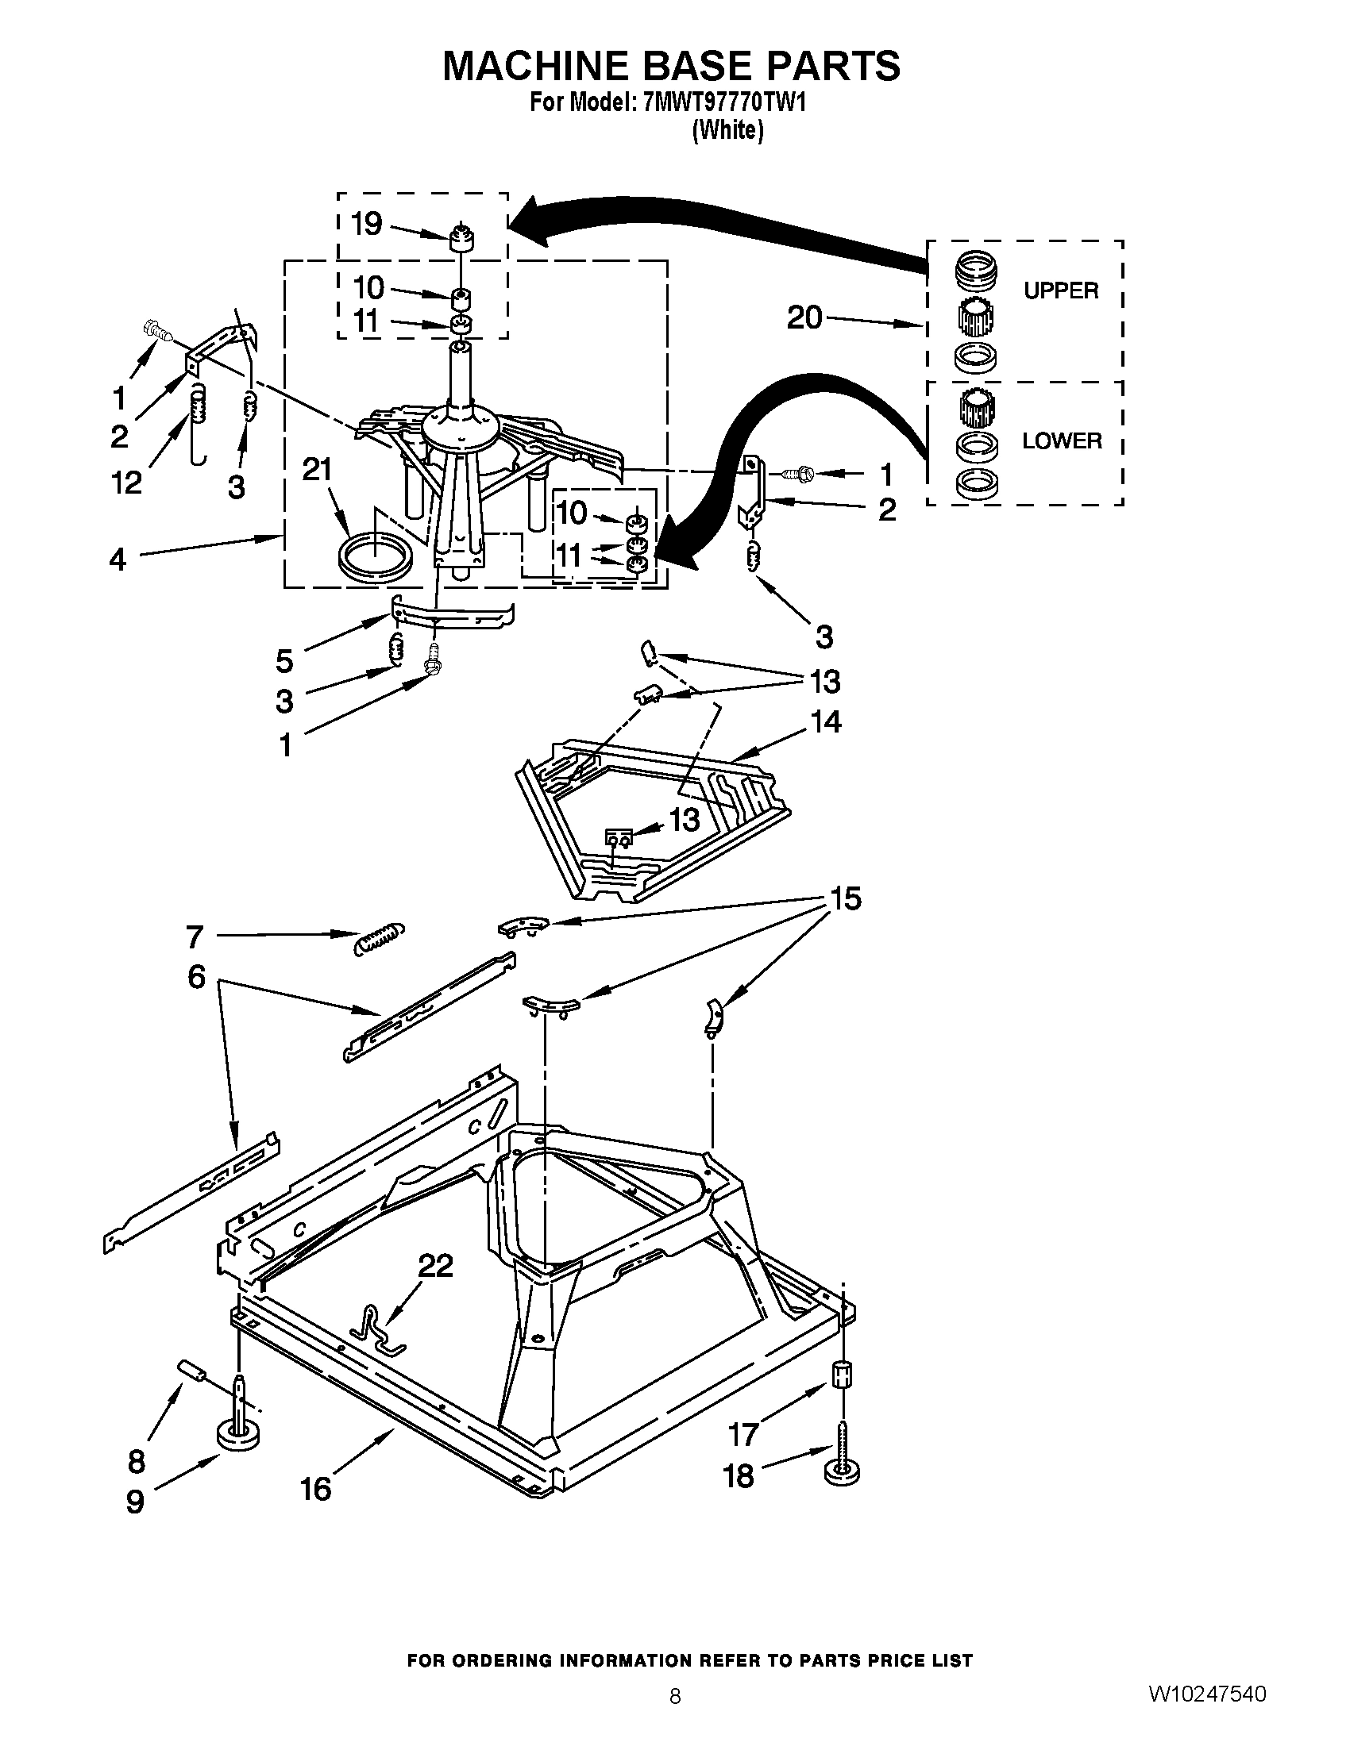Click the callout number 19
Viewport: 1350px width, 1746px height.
tap(367, 225)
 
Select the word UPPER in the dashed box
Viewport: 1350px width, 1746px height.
tap(1060, 291)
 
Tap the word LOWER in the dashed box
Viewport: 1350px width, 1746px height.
tap(1061, 440)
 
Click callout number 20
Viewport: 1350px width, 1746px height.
tap(804, 318)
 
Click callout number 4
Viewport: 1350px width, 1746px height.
tap(118, 559)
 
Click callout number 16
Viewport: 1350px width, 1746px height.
tap(316, 1489)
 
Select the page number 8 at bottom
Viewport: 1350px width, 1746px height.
tap(675, 1696)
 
